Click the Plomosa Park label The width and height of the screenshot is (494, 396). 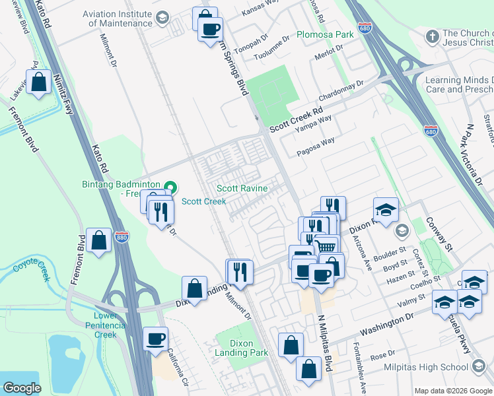coord(326,34)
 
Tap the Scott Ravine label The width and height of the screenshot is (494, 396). coord(242,189)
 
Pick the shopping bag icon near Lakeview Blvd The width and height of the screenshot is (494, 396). coord(39,82)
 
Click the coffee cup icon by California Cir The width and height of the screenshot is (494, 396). coord(156,339)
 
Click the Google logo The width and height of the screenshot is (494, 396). coord(22,388)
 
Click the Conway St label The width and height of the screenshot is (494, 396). coord(439,235)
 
